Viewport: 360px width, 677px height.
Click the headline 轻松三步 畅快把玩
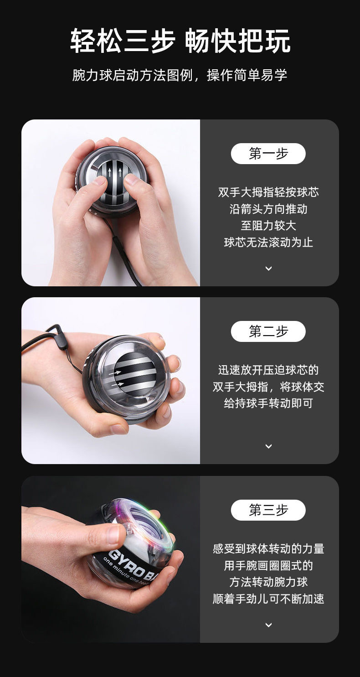(x=180, y=41)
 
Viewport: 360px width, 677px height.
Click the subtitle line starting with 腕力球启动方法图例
(x=180, y=75)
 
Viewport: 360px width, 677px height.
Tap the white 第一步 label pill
(x=268, y=154)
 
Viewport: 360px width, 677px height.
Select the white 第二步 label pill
(x=268, y=331)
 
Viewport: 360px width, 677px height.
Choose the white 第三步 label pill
(x=268, y=510)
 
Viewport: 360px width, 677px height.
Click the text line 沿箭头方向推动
(x=268, y=209)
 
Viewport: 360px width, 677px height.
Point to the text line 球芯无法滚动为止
(x=268, y=242)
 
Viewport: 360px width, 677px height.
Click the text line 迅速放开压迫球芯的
(x=268, y=370)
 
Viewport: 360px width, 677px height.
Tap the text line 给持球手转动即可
(x=268, y=403)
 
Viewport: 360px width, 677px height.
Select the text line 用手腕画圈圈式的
(x=268, y=565)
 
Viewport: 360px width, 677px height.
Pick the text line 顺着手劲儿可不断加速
(x=268, y=599)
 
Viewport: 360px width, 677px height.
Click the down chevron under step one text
(x=268, y=269)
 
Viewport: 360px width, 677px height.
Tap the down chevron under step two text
(x=268, y=446)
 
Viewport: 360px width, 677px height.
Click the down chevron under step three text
(x=268, y=625)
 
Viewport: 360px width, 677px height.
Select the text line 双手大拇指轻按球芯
(x=268, y=192)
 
